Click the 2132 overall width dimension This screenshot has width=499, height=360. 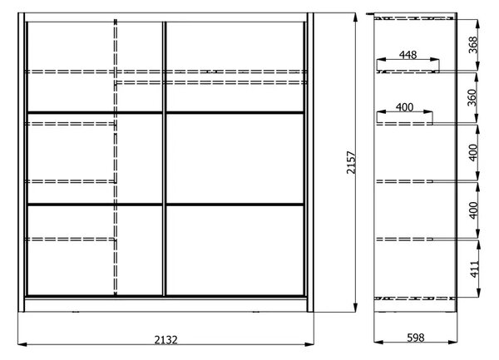tap(166, 340)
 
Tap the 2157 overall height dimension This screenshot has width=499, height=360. tap(351, 162)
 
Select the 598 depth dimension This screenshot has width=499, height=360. tap(416, 338)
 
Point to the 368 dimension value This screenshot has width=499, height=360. tap(473, 45)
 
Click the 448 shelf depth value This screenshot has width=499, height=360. tap(408, 55)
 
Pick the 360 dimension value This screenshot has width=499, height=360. tap(472, 97)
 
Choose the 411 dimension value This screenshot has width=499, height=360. tap(475, 269)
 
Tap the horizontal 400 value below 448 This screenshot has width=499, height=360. tap(404, 107)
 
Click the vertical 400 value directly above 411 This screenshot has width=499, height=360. tap(473, 210)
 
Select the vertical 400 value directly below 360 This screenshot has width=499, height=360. tap(473, 153)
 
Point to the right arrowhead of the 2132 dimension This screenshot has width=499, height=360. tap(309, 344)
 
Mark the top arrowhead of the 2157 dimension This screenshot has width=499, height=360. tap(355, 17)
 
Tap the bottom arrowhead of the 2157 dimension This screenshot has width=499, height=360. tap(355, 308)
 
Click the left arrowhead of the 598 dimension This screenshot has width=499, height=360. tap(378, 343)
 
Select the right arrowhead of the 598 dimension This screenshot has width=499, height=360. tap(452, 343)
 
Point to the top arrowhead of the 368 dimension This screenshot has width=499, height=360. tap(477, 24)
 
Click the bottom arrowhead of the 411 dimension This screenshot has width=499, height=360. tap(478, 293)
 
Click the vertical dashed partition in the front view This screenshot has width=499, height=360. tap(116, 157)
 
